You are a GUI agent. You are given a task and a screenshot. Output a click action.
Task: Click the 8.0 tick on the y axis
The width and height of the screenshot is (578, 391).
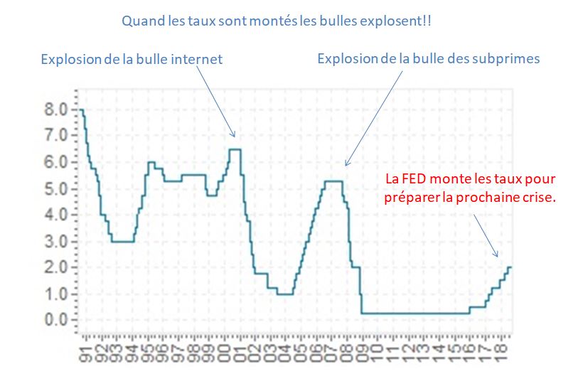(58, 109)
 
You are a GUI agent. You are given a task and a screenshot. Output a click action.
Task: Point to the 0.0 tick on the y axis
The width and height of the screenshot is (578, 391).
(58, 320)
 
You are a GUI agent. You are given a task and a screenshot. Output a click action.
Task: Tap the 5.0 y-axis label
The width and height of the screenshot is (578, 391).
(58, 188)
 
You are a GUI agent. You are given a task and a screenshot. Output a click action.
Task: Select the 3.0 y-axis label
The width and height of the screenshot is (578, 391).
(58, 241)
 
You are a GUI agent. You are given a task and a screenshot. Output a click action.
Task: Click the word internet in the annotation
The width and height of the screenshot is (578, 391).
(195, 60)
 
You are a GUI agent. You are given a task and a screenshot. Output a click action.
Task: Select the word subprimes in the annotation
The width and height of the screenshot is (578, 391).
(510, 58)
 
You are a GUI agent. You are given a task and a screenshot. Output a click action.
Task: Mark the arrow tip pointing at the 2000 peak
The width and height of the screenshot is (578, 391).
(232, 137)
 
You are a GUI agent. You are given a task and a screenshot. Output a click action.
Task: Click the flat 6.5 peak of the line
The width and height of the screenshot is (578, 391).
(235, 149)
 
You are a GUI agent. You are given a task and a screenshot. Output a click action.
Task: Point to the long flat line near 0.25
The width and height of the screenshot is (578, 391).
(412, 314)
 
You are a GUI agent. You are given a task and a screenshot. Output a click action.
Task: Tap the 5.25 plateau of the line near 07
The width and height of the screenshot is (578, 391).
(333, 181)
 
